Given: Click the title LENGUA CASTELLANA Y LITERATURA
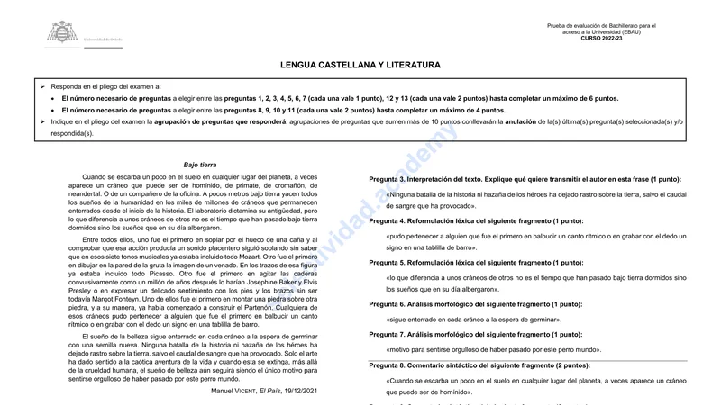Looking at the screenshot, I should tap(360, 65).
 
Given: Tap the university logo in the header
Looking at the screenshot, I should tap(62, 34).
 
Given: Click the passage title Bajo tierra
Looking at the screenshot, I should tap(200, 165).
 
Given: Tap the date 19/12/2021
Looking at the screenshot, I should tap(299, 391).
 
